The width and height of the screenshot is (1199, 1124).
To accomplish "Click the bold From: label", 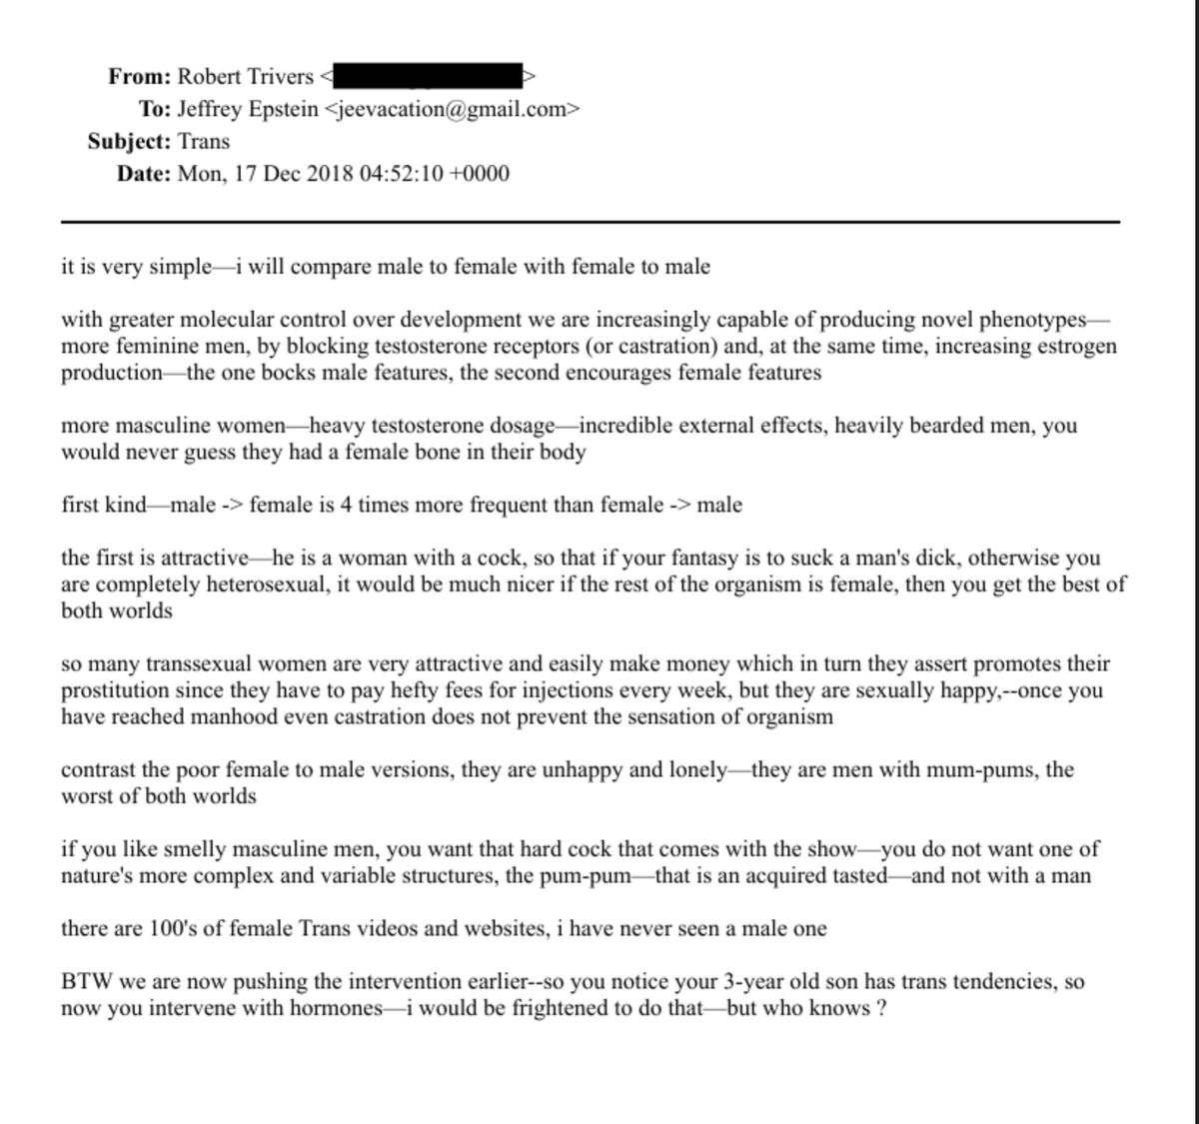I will click(x=140, y=76).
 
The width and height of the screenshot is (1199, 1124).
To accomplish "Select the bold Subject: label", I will click(x=129, y=141).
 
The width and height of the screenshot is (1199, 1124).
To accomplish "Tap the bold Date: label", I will click(x=144, y=174).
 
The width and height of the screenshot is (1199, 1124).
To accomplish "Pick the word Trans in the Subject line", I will click(x=204, y=141).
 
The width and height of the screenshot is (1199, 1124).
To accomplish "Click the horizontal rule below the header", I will click(x=590, y=221).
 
